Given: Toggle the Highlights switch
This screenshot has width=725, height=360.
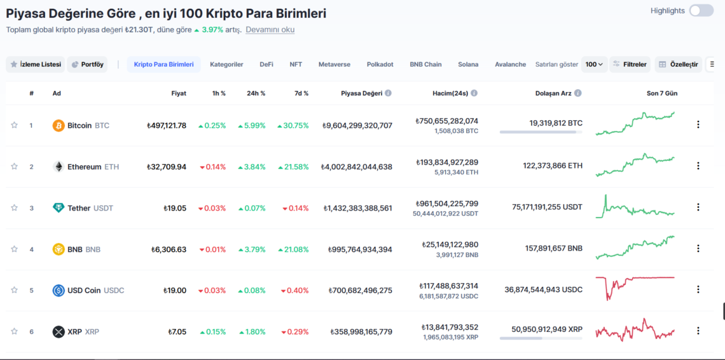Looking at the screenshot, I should click(x=701, y=11).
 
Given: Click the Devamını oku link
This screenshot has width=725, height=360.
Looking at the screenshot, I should click(x=270, y=29).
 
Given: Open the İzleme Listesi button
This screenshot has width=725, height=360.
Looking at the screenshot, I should click(x=36, y=64).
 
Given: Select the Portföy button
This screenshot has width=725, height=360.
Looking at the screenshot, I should click(x=88, y=64).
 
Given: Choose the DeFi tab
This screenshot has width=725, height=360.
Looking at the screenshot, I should click(x=266, y=64).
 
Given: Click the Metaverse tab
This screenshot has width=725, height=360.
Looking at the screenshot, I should click(x=334, y=64).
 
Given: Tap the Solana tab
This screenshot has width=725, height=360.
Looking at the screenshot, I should click(x=468, y=64).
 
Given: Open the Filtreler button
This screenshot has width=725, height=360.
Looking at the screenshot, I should click(x=630, y=64).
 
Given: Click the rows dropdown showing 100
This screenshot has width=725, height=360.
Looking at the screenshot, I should click(x=594, y=64).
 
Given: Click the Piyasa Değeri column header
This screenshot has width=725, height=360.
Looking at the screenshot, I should click(x=361, y=93).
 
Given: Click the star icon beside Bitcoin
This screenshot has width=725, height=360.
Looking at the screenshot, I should click(x=14, y=125).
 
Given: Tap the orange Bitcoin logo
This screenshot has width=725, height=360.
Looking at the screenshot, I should click(x=59, y=125).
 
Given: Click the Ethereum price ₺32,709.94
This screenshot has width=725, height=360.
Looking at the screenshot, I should click(x=166, y=167).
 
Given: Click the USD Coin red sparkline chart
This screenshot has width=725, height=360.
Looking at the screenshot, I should click(x=635, y=287).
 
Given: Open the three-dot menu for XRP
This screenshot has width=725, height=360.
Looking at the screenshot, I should click(x=698, y=331).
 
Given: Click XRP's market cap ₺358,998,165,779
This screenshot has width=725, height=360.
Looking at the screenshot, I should click(x=361, y=331).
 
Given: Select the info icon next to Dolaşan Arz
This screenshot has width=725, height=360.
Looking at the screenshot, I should click(x=577, y=93).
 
